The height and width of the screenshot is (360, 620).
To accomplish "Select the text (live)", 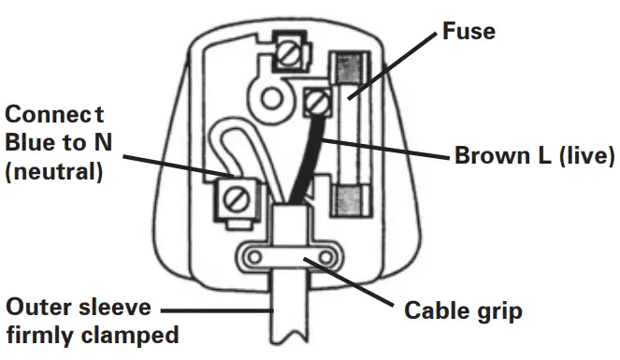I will pos(581,154).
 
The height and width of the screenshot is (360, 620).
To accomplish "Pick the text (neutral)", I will pos(54,172).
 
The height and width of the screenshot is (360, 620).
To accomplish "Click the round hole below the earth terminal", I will pos(272,96).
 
